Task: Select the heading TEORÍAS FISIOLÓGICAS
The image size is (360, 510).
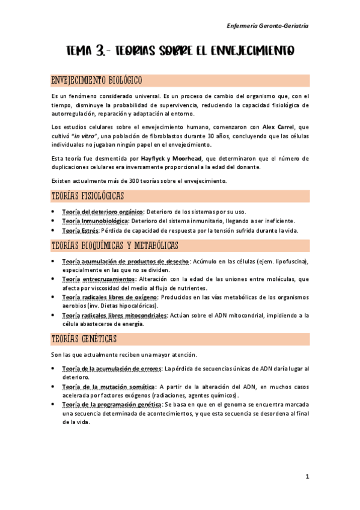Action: [x=88, y=197]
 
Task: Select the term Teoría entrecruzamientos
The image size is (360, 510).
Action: [x=99, y=279]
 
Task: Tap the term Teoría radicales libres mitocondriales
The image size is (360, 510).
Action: [x=115, y=315]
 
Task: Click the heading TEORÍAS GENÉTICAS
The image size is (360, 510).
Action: [x=84, y=339]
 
